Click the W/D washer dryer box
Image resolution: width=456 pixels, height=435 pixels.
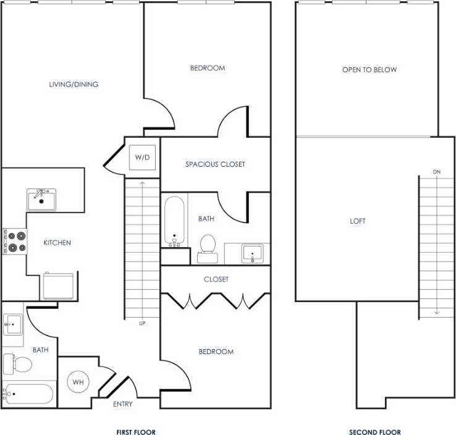[x=142, y=157]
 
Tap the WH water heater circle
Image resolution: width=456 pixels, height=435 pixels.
[x=78, y=382]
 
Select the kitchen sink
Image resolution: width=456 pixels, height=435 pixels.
[x=41, y=200]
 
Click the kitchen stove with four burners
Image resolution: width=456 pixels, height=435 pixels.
[x=15, y=241]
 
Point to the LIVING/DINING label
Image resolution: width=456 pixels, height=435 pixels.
[x=74, y=84]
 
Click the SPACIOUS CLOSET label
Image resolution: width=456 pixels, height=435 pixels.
[x=215, y=164]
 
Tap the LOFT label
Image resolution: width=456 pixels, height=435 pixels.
[x=358, y=221]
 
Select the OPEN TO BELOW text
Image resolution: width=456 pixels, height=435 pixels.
[x=369, y=70]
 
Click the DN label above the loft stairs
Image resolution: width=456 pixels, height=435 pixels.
[x=437, y=171]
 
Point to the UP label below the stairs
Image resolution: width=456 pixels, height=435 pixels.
[x=143, y=323]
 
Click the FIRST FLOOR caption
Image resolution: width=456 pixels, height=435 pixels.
[x=136, y=432]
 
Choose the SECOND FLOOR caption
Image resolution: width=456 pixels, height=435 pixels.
[x=375, y=432]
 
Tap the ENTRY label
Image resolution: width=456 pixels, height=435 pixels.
[x=122, y=404]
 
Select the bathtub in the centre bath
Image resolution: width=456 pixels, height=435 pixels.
[x=174, y=221]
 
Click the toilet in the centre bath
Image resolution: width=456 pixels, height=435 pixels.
[x=207, y=245]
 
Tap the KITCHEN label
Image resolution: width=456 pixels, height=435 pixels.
[x=57, y=243]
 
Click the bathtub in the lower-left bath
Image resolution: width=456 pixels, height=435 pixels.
[x=28, y=394]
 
